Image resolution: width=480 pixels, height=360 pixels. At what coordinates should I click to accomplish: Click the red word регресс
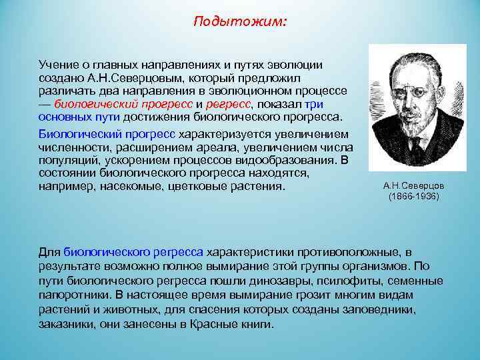(229, 104)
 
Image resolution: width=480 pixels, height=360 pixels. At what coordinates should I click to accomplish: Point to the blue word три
(314, 104)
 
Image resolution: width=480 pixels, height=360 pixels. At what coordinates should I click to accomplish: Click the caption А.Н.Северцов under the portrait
(413, 185)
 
